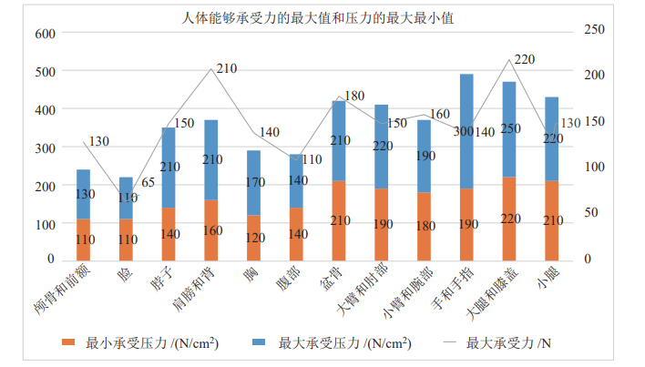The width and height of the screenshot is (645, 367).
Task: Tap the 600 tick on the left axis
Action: [x=45, y=34]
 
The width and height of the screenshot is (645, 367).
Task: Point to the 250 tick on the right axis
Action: [x=594, y=30]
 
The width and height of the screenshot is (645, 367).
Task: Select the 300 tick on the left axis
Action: [x=45, y=148]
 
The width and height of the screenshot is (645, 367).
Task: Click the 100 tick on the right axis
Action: [x=594, y=167]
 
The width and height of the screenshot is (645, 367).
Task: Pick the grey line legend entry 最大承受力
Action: [x=507, y=343]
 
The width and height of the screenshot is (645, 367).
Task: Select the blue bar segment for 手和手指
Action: [x=466, y=132]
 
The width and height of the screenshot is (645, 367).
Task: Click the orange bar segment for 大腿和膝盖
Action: [x=509, y=218]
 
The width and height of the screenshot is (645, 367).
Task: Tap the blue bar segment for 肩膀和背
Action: [x=211, y=159]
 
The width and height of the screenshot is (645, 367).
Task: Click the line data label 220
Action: [x=524, y=59]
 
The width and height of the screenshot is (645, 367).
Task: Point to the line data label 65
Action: [x=148, y=183]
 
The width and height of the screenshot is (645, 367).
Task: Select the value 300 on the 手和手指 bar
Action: [x=463, y=132]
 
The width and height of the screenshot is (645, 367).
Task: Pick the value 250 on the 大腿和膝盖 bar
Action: [x=509, y=128]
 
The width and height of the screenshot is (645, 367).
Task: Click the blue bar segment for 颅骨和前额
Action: [x=83, y=194]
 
